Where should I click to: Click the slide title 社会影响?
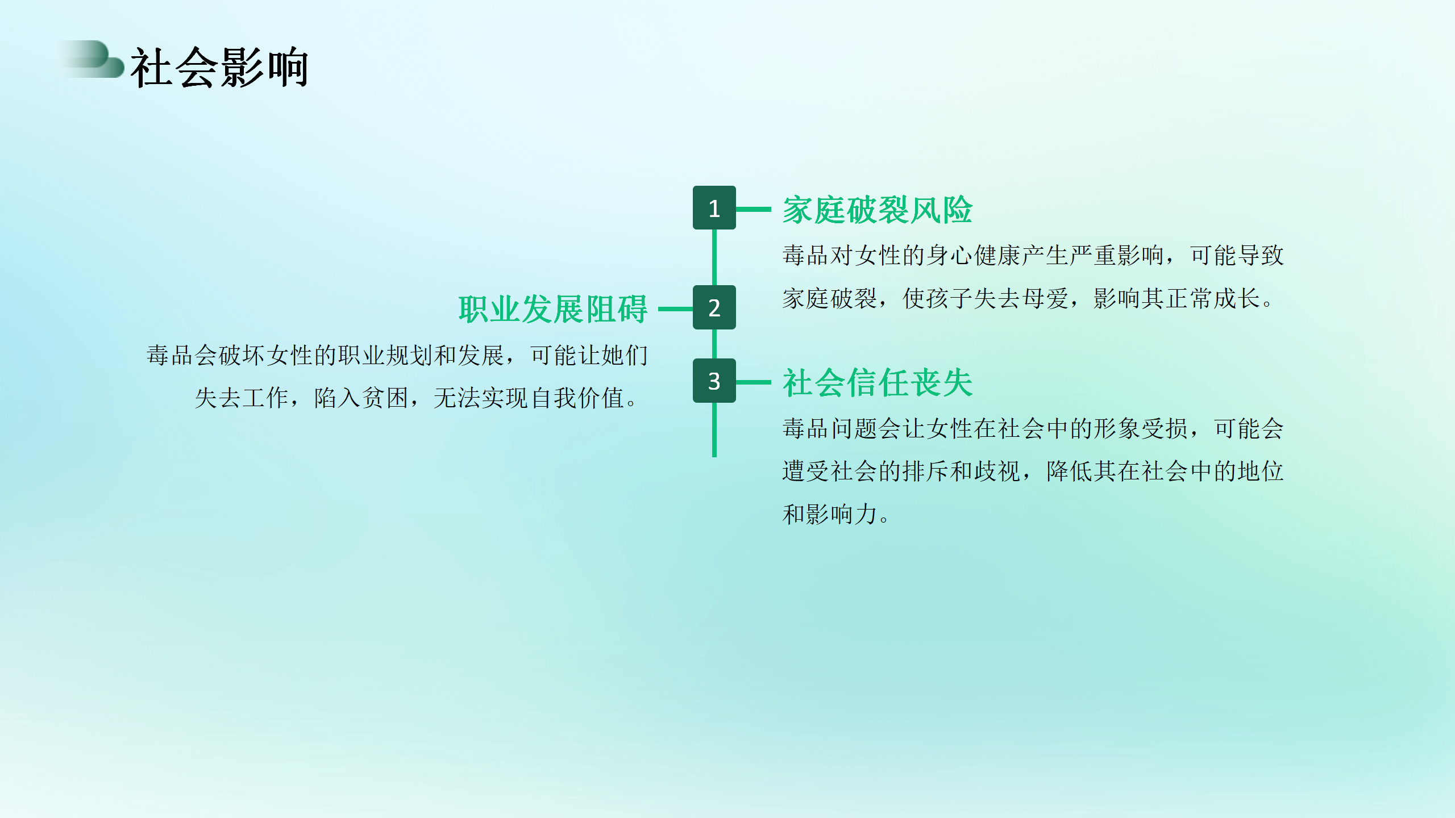click(x=219, y=68)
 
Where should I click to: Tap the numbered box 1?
click(x=714, y=208)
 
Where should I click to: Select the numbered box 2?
click(x=714, y=307)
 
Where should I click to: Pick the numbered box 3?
click(x=714, y=381)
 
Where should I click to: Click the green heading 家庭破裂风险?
click(x=878, y=210)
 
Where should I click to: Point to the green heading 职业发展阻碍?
click(x=553, y=310)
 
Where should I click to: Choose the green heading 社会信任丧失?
click(x=878, y=382)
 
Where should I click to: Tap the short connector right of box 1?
click(x=754, y=209)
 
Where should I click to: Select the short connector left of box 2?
click(x=675, y=309)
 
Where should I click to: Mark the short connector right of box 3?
click(x=754, y=382)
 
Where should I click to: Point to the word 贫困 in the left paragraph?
click(x=385, y=398)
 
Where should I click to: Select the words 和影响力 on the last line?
click(x=830, y=515)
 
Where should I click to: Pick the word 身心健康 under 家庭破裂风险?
click(x=974, y=256)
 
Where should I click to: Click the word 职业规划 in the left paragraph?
click(x=385, y=356)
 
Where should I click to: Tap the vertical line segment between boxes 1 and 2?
click(x=714, y=257)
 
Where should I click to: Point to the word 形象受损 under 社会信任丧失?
click(x=1141, y=429)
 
